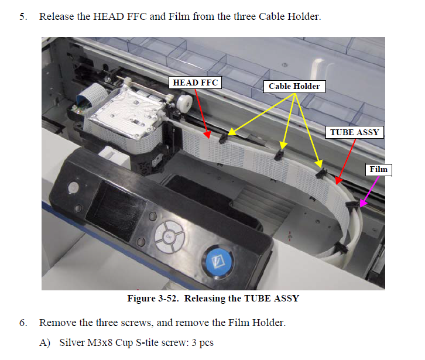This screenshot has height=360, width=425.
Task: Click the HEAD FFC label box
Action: coord(195,83)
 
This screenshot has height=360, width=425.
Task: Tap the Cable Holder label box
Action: coord(294,86)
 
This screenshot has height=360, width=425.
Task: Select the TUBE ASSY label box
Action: coord(354,132)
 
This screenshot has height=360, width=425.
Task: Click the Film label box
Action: coord(378,170)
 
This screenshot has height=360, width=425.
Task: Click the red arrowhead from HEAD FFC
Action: coord(207,135)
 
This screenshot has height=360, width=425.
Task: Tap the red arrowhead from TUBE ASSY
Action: coord(338,180)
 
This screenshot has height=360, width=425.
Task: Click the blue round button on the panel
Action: coord(218,261)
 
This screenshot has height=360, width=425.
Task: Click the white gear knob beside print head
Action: coord(184,102)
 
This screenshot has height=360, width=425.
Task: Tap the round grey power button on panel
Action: coord(73,187)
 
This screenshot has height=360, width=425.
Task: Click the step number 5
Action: coord(23,16)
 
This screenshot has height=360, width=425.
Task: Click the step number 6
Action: coord(23,323)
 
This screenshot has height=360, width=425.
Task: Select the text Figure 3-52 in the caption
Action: coord(153,298)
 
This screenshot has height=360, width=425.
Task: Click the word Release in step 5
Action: coord(57,16)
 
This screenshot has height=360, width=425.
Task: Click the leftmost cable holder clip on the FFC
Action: coord(222,138)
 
